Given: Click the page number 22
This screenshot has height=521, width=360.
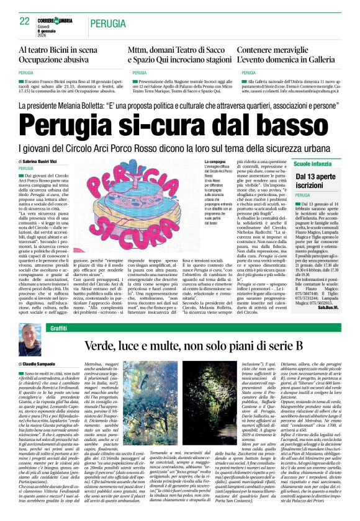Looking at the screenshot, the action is (24, 20).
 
